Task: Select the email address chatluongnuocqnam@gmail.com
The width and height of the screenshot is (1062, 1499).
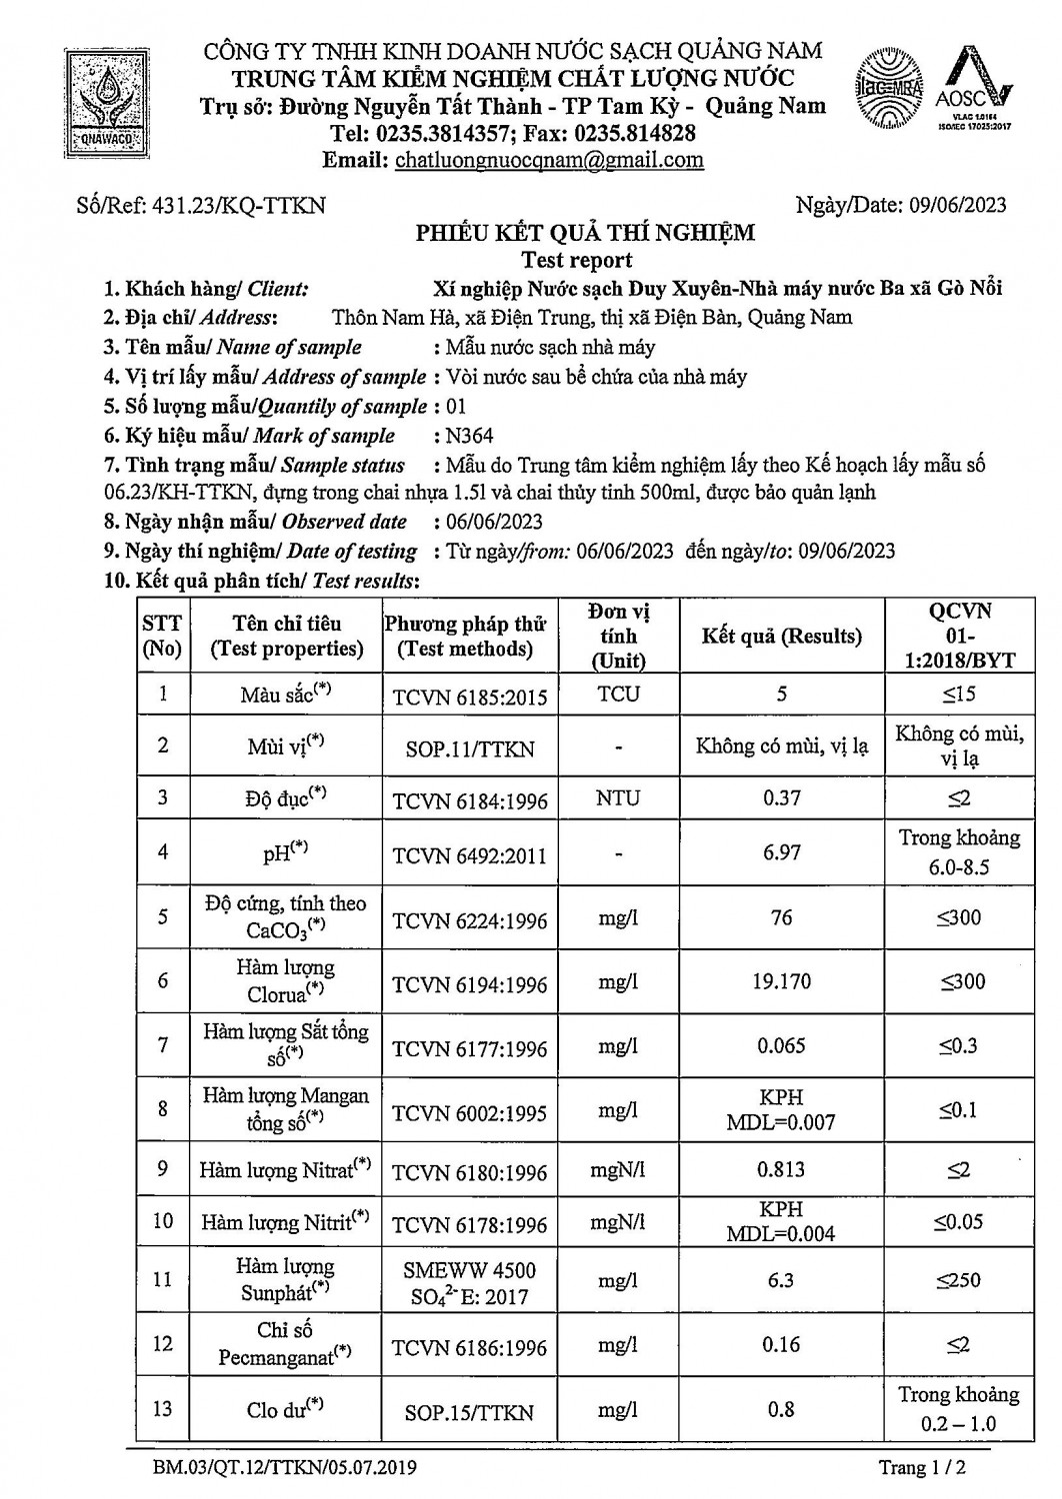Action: [x=549, y=160]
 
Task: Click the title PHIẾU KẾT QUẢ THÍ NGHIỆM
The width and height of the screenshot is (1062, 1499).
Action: [x=585, y=234]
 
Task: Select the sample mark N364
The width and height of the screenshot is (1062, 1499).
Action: [x=471, y=436]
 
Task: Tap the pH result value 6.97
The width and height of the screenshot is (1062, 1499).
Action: [x=781, y=851]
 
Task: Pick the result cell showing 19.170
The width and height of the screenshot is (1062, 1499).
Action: [x=781, y=981]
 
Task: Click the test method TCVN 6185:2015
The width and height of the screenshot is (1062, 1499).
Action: [x=470, y=696]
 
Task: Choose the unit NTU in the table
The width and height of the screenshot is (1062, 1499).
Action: [x=618, y=798]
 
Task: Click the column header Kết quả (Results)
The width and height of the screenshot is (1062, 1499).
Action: [x=781, y=637]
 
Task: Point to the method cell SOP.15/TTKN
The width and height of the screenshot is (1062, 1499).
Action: [x=469, y=1412]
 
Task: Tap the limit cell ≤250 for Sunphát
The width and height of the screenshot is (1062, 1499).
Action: [x=958, y=1280]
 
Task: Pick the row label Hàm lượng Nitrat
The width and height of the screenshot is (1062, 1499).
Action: [x=285, y=1169]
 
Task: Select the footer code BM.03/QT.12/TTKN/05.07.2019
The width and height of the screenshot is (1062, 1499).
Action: [x=285, y=1468]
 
